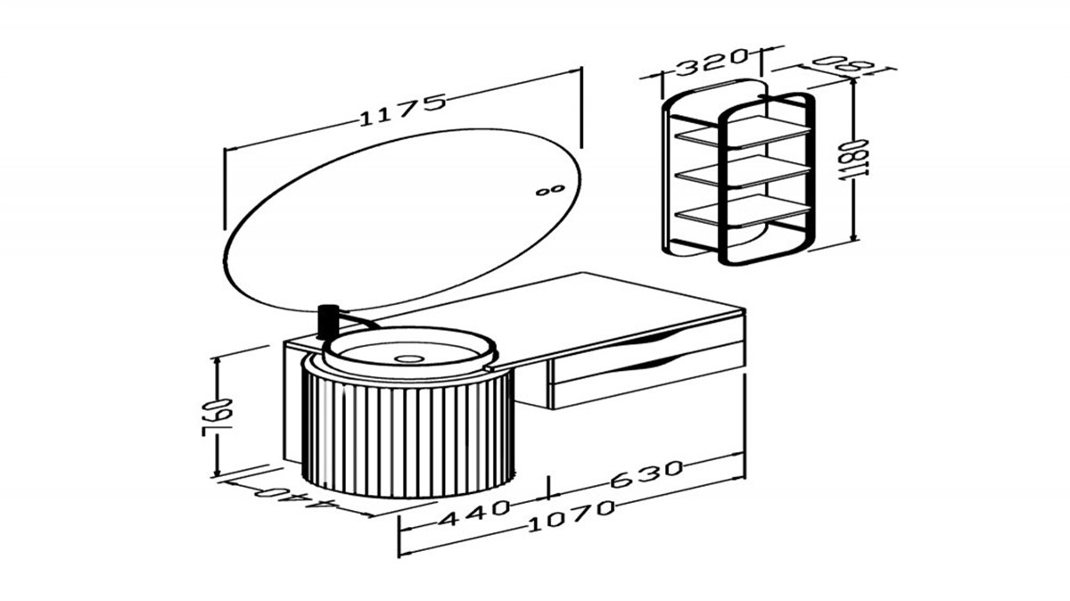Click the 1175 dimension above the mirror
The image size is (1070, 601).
click(402, 111)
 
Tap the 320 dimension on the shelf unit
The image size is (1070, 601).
click(711, 62)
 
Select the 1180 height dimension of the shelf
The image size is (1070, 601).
click(853, 160)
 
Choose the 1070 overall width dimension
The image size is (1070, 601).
click(572, 515)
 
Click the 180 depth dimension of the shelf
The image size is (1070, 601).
click(844, 63)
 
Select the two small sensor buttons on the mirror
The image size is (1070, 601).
click(550, 191)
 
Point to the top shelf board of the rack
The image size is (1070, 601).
click(745, 131)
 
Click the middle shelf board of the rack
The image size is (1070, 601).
click(745, 170)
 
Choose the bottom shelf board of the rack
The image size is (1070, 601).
click(745, 210)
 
